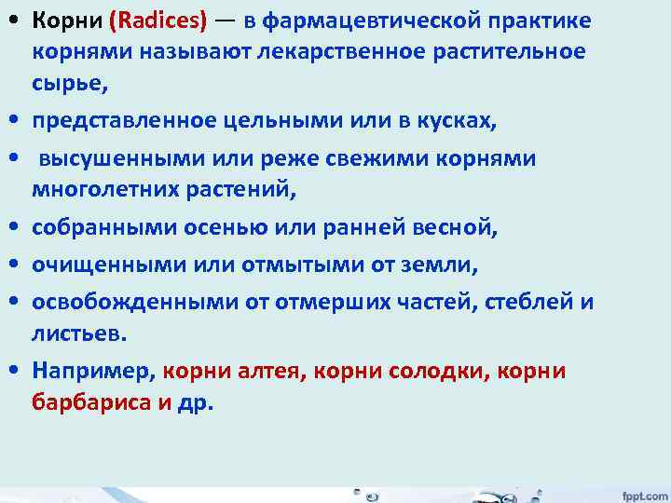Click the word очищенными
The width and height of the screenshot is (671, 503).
coord(101,265)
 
